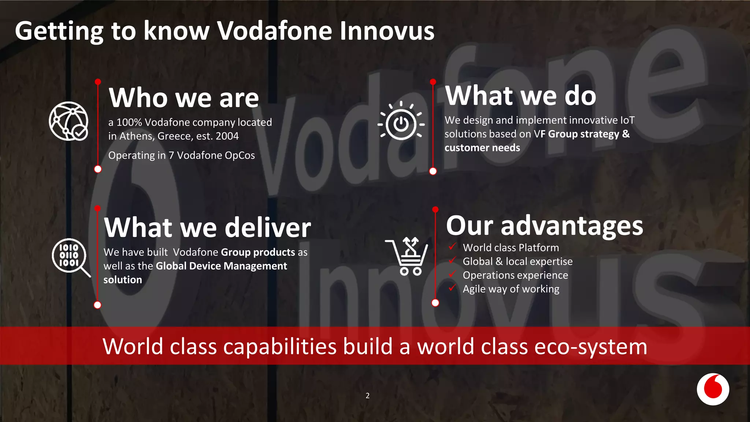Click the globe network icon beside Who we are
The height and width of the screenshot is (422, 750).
69,121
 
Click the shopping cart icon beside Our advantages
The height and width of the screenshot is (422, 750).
407,256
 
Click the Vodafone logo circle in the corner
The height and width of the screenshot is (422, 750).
713,389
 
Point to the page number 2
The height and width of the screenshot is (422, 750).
367,396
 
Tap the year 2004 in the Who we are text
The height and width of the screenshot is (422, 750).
227,136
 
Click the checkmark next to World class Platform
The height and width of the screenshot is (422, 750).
453,247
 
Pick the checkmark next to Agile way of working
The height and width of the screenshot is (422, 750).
453,288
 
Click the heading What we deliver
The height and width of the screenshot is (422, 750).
207,227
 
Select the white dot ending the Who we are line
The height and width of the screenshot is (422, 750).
98,169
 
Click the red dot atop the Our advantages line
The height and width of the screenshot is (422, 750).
435,210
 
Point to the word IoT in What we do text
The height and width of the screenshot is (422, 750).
627,120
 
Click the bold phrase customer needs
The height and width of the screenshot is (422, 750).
482,148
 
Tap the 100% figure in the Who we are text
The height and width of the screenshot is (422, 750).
129,122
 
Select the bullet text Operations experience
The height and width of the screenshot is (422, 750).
515,275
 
